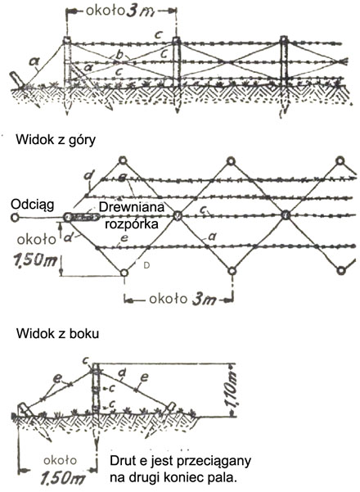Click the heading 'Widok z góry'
pyautogui.click(x=56, y=140)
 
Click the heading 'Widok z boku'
pyautogui.click(x=57, y=333)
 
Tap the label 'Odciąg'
pyautogui.click(x=32, y=205)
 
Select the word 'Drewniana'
pyautogui.click(x=132, y=207)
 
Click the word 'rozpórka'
pyautogui.click(x=132, y=223)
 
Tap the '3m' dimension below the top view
pyautogui.click(x=205, y=300)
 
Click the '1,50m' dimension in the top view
pyautogui.click(x=31, y=260)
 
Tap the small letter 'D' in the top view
pyautogui.click(x=146, y=265)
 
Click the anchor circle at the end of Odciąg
pyautogui.click(x=14, y=217)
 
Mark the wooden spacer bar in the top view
pyautogui.click(x=82, y=216)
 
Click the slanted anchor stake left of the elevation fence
pyautogui.click(x=17, y=79)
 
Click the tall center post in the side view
pyautogui.click(x=96, y=389)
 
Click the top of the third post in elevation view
pyautogui.click(x=284, y=39)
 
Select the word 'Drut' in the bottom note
pyautogui.click(x=121, y=461)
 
